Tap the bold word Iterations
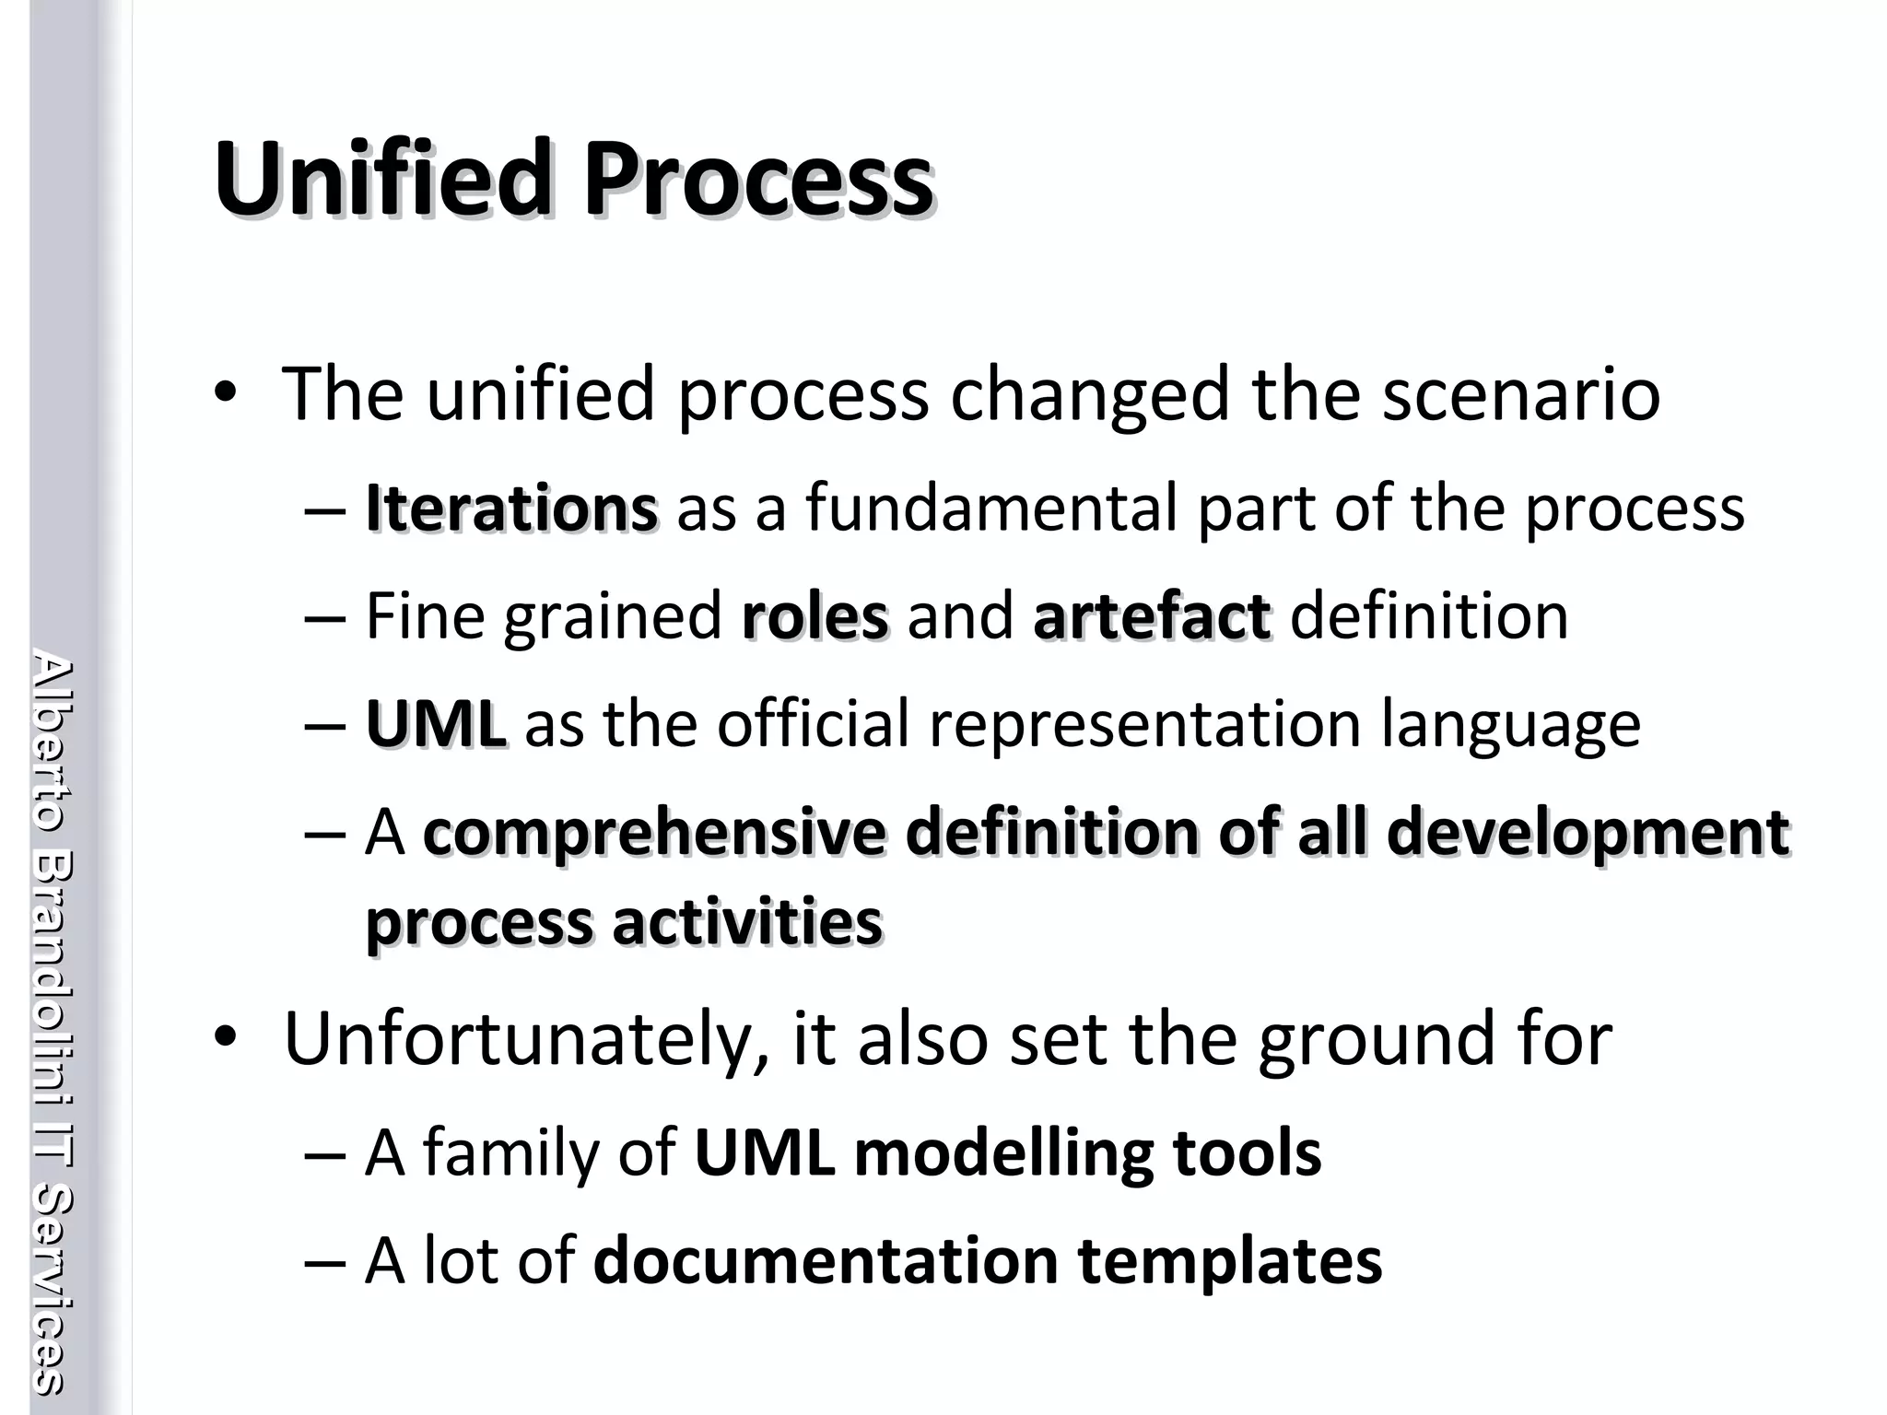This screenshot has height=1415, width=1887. click(511, 509)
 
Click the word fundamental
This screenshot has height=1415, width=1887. click(991, 509)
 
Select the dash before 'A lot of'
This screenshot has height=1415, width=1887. click(323, 1262)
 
